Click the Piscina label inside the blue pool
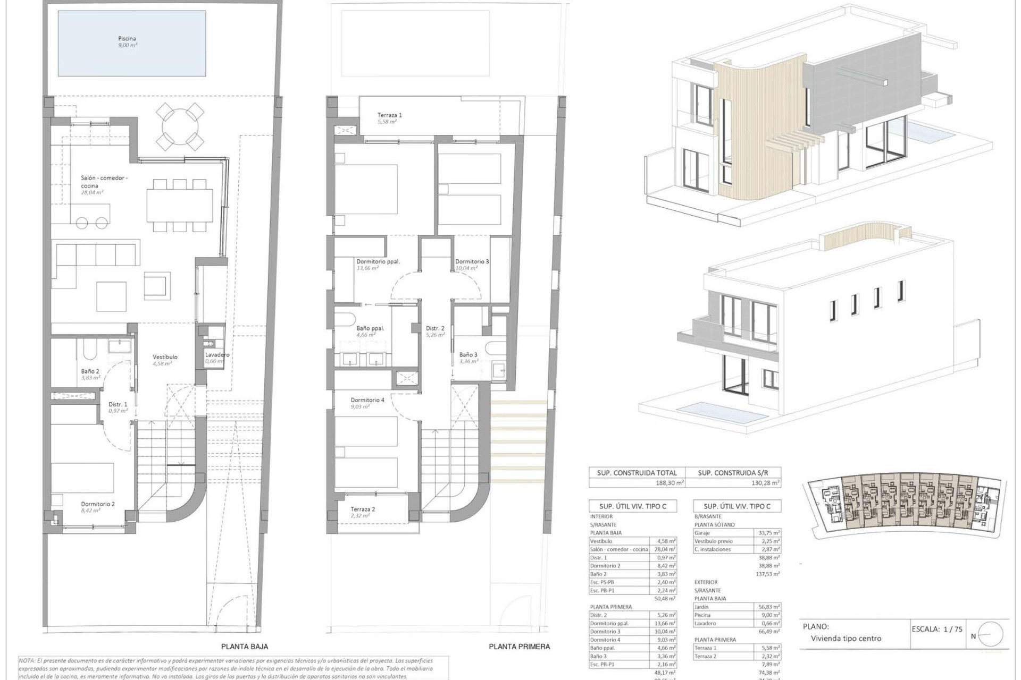[x=127, y=39]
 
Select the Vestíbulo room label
[x=165, y=357]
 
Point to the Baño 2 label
[x=90, y=371]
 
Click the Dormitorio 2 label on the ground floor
[x=98, y=504]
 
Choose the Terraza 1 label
[x=389, y=115]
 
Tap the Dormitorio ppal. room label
[x=378, y=261]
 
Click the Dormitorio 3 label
[x=472, y=261]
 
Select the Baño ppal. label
[x=370, y=328]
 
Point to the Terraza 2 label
[x=363, y=509]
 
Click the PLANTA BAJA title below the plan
[x=245, y=647]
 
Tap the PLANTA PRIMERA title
[x=519, y=647]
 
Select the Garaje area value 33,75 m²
[x=768, y=533]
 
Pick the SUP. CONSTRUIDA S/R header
[x=732, y=473]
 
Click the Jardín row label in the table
[x=702, y=607]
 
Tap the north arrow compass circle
[x=990, y=634]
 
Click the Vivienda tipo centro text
[x=846, y=639]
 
